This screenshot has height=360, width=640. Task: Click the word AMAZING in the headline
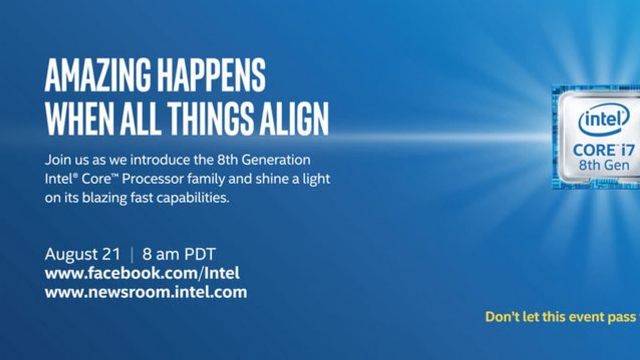tap(98, 75)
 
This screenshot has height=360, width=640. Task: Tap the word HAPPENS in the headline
tap(212, 75)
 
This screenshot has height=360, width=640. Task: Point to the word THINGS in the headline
tap(211, 118)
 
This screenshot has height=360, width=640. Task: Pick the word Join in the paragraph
tap(58, 160)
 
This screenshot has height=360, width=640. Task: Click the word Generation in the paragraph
tap(276, 160)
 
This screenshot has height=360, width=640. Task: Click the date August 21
tap(82, 254)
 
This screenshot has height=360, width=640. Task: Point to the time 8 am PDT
tap(178, 254)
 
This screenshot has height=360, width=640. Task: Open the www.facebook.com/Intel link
tap(142, 273)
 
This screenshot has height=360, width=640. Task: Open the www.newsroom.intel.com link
tap(146, 292)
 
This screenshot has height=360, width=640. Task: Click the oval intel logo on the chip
tap(604, 120)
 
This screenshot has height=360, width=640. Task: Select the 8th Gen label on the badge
tap(604, 166)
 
